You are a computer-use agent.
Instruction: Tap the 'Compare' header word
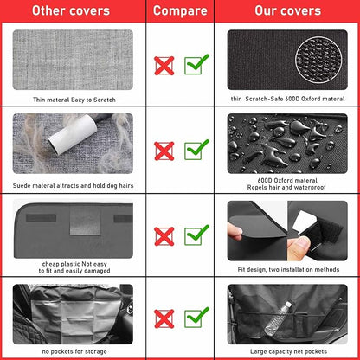[181, 11]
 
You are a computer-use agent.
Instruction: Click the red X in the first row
[164, 65]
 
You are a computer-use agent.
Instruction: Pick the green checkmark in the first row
[196, 63]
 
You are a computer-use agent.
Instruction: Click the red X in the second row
[164, 150]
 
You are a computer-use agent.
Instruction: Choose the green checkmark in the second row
[196, 148]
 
